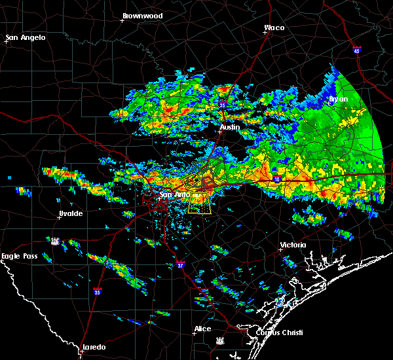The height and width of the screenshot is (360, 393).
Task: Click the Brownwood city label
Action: tap(143, 14)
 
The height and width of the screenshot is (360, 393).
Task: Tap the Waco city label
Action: tap(274, 27)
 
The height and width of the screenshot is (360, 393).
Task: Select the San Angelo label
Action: tap(26, 37)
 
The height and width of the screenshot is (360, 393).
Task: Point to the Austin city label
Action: tap(230, 127)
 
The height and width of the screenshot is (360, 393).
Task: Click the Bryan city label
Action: tap(339, 99)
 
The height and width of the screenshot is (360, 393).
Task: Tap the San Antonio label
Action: tap(176, 194)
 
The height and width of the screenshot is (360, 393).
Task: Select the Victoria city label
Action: tap(293, 245)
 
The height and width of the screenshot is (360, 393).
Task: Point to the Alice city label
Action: tap(202, 329)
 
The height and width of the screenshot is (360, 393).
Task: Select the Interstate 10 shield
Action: tap(277, 179)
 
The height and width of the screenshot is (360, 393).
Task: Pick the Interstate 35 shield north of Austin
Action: tap(223, 104)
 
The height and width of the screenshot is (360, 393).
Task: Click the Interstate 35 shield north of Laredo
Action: tap(96, 292)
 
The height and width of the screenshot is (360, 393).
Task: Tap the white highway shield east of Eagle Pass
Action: tap(56, 241)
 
